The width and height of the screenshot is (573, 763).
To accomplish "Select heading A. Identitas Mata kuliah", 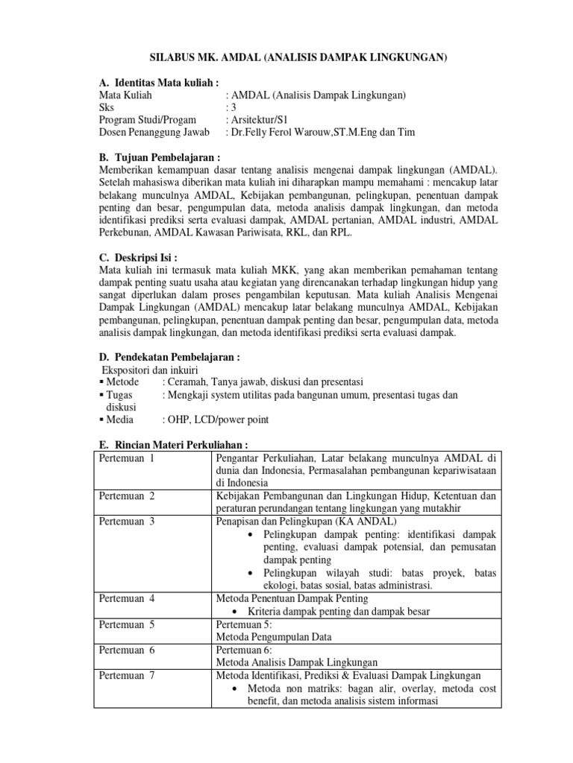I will (159, 83).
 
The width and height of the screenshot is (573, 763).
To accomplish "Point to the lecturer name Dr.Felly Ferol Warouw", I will (298, 133).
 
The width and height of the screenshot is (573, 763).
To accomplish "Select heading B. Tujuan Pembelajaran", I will (160, 159).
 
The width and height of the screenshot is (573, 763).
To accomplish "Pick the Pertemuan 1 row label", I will (126, 458).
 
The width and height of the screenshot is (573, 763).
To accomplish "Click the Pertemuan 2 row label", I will (127, 496).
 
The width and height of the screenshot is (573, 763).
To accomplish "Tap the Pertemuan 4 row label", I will (127, 598).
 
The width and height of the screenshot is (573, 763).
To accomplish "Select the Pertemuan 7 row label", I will (127, 675).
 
